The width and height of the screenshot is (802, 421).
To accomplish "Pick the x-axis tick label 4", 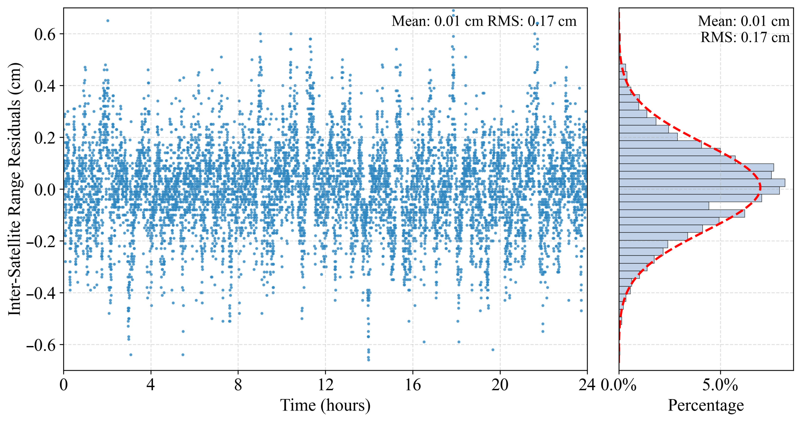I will [151, 385].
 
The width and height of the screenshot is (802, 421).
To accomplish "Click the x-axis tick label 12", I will [325, 385].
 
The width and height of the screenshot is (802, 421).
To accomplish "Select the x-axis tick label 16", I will [413, 385].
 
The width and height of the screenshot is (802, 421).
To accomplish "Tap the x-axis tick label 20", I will [500, 385].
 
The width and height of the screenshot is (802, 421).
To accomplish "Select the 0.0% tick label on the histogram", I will [619, 385].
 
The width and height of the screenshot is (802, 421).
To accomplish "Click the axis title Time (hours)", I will [325, 405].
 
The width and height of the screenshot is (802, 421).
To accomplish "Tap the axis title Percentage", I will [706, 405].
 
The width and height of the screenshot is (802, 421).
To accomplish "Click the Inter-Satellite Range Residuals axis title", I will [15, 189].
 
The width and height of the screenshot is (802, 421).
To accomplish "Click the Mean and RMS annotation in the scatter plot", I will [484, 21].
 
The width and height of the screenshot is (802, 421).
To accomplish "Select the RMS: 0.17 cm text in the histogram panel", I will [745, 37].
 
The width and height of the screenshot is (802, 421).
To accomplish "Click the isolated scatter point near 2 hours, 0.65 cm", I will [108, 21].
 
